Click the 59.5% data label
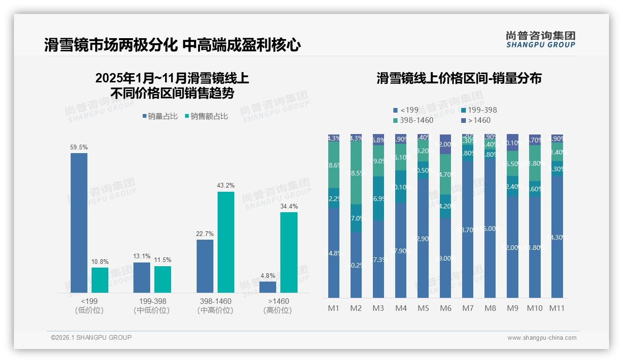click(79, 148)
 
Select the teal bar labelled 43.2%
click(226, 242)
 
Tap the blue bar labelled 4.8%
click(268, 287)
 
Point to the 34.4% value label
click(289, 207)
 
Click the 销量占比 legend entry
click(160, 116)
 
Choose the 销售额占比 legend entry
click(206, 116)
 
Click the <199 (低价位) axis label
click(89, 306)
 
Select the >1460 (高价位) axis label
click(278, 306)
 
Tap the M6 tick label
click(445, 308)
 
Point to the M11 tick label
click(557, 308)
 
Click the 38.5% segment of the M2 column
click(356, 173)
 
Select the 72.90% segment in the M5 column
click(423, 238)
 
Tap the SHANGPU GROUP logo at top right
click(540, 40)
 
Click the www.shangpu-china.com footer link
click(542, 338)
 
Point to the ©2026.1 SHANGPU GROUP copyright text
click(91, 337)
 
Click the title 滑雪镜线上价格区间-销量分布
click(459, 79)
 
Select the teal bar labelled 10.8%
click(100, 280)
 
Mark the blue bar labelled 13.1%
click(142, 277)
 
